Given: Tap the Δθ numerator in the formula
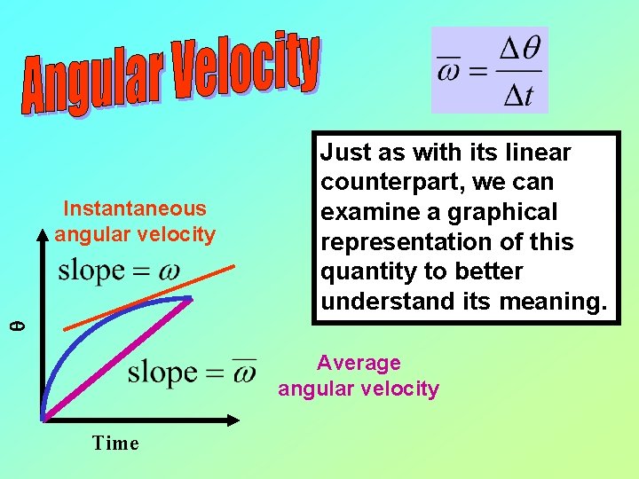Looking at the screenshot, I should coord(517,50).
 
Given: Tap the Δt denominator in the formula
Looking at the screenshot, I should coord(517,94).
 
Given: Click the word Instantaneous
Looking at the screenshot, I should coord(135,208).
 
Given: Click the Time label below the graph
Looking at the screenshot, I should coord(115,444).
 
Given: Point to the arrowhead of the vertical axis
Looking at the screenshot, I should coord(42,236).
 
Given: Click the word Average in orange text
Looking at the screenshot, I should coord(359,363).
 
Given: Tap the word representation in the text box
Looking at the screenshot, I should coord(414,242).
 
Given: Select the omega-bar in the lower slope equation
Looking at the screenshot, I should coord(242,372).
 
